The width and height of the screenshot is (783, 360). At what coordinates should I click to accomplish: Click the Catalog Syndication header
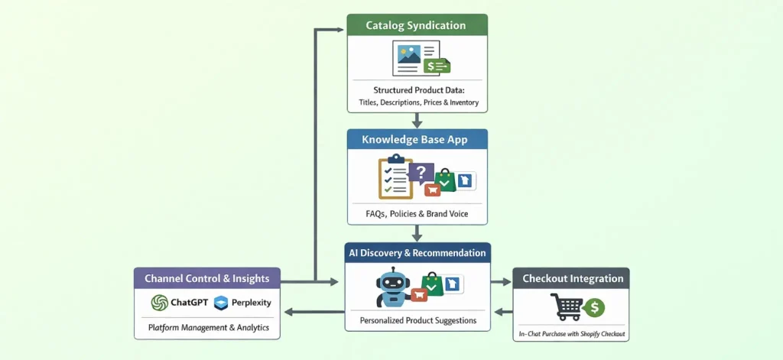(415, 25)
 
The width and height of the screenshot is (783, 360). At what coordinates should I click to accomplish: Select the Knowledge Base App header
(415, 140)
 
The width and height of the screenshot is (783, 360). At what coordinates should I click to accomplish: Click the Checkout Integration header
(572, 279)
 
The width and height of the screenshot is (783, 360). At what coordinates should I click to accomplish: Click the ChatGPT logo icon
(160, 303)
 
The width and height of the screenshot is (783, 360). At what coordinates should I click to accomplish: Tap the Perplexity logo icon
(221, 303)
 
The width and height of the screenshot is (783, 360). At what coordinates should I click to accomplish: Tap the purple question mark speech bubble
(421, 173)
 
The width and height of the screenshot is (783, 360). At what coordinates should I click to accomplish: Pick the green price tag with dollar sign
(437, 66)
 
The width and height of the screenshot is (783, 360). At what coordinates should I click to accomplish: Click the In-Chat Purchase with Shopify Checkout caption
(572, 334)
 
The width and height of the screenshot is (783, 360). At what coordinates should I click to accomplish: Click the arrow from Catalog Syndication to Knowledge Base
(417, 120)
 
